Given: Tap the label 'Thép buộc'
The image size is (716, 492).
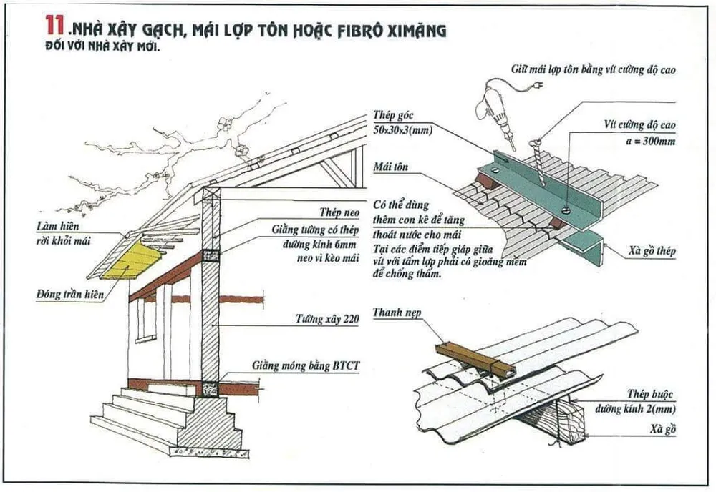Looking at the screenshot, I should (650, 395).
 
